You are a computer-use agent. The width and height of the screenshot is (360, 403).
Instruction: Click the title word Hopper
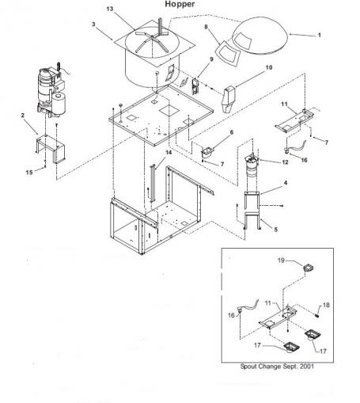180,4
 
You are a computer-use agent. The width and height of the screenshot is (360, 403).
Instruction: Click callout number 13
110,9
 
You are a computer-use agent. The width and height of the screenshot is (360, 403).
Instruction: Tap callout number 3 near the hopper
93,24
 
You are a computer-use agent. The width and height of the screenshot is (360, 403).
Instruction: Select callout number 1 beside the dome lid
320,35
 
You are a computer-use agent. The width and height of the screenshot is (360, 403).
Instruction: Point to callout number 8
206,27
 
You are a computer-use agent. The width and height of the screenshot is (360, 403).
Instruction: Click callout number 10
268,67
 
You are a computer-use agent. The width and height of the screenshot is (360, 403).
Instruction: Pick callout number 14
169,153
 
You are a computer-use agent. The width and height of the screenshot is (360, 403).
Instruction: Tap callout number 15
29,173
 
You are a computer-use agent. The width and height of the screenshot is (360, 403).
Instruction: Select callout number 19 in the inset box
281,260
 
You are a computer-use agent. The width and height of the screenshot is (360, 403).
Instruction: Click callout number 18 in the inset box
326,305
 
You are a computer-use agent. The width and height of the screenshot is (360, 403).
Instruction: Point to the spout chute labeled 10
229,99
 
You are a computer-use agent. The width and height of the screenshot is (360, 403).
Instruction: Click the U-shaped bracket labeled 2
51,148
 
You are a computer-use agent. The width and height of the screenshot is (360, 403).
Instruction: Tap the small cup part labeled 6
207,152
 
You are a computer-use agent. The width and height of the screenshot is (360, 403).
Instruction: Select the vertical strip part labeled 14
152,184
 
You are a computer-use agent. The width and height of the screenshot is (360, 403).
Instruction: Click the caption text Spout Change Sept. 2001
277,367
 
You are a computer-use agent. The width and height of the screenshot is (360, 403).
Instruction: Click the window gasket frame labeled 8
227,54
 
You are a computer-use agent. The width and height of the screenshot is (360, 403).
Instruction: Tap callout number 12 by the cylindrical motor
285,162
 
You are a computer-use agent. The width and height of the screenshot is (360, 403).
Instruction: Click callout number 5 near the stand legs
275,230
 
